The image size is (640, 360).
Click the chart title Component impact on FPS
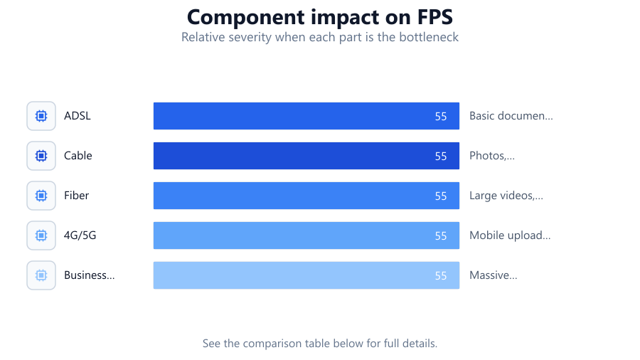(320, 17)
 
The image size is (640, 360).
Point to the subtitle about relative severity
(320, 37)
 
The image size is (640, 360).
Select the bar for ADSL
(306, 116)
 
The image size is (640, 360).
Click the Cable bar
(306, 156)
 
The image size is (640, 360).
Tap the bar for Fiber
(306, 196)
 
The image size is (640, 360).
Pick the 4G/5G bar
(306, 235)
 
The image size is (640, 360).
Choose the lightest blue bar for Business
(306, 275)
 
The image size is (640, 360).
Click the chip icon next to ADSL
(41, 116)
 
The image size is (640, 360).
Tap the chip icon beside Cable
(41, 156)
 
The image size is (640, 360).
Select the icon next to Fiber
(41, 196)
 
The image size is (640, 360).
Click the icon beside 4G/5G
(41, 235)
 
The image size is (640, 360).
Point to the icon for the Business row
(41, 275)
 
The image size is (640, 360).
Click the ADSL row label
(77, 116)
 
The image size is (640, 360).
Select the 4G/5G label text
(80, 235)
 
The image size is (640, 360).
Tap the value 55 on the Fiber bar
(441, 196)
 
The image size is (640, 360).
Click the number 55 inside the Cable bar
(441, 157)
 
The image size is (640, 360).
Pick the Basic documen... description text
(511, 116)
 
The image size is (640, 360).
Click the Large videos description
(506, 196)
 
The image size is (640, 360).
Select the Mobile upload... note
(510, 235)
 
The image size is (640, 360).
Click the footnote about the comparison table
(320, 343)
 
